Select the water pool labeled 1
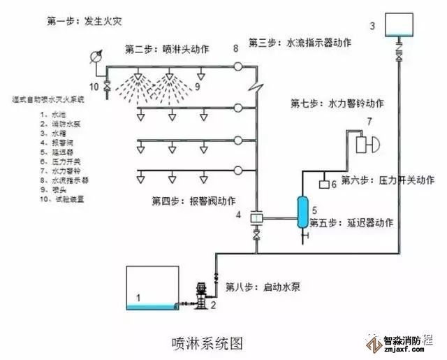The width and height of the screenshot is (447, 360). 150,287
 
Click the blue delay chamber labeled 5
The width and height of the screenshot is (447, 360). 303,210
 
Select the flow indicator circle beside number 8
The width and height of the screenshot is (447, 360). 238,66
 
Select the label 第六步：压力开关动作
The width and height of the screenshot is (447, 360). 389,180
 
